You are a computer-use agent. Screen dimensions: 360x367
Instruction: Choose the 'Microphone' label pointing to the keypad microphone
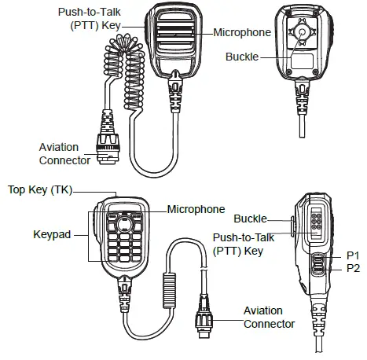point(196,209)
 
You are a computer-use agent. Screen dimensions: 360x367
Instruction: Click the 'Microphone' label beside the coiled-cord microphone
point(242,33)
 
